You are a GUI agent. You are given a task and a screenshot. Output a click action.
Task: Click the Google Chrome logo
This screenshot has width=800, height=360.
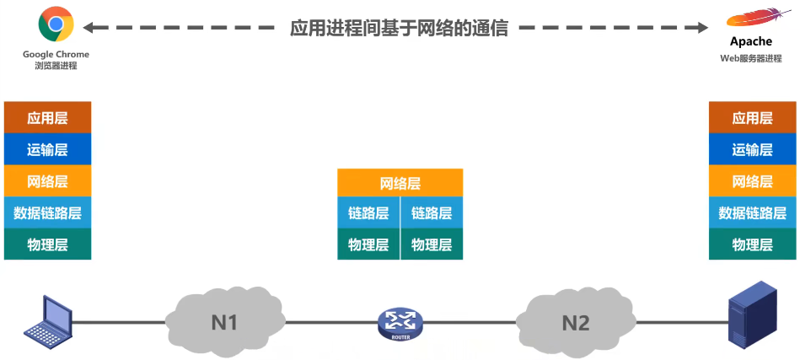pos(56,24)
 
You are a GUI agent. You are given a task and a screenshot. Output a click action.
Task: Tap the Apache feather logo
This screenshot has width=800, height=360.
pos(750,19)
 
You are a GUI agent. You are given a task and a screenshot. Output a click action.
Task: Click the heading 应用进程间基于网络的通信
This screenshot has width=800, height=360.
pos(399,28)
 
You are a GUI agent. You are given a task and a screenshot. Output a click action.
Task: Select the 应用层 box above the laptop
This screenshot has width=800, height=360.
pos(47,118)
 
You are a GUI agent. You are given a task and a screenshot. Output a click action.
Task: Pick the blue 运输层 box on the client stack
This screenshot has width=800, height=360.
pos(47,149)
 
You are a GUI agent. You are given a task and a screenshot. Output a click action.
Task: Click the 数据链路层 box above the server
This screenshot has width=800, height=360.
pos(752,213)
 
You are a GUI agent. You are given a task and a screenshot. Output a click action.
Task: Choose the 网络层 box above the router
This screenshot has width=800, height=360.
pos(400,183)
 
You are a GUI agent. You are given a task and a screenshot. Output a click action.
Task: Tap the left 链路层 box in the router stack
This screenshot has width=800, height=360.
pos(368,213)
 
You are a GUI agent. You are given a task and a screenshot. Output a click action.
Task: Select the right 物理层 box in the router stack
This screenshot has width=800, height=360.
pos(432,244)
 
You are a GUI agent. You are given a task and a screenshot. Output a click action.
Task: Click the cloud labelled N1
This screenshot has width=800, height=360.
pos(223,320)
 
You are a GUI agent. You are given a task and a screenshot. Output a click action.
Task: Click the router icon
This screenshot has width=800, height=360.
pos(400,322)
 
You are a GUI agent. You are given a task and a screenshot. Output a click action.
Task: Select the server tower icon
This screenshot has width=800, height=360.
pos(753,314)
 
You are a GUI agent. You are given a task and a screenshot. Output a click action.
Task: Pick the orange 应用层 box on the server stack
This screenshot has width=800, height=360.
pos(752,118)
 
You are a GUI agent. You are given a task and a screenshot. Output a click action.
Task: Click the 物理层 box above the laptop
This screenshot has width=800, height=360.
pos(47,244)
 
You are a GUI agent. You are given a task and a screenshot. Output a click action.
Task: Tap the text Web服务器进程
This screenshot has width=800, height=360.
pos(750,58)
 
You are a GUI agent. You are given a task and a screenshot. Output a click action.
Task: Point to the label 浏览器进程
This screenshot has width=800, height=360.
pos(56,66)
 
